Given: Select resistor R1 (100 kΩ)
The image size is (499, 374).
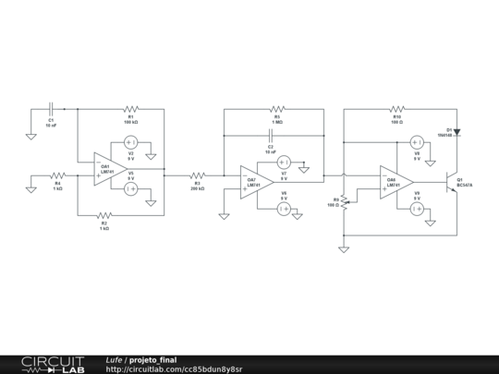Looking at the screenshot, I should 130,108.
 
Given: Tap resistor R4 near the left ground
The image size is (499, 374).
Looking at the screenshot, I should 57,173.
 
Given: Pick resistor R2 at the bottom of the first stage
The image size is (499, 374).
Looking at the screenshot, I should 104,214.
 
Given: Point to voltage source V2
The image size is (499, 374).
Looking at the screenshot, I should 130,143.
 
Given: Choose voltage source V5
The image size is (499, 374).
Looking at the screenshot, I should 130,188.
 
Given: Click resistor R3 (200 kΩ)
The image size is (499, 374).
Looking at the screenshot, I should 197,174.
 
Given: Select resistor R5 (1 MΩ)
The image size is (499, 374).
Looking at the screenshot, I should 277,108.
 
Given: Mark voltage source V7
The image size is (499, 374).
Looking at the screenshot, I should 285,162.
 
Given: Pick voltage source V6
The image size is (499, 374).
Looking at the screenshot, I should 285,209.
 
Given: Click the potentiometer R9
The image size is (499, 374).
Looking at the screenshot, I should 344,199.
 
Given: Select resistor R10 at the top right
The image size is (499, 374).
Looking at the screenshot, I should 397,108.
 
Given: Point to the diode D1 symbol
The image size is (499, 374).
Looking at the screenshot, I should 456,131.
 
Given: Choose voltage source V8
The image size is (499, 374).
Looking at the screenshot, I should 417,143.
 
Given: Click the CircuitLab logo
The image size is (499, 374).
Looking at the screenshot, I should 53,364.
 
